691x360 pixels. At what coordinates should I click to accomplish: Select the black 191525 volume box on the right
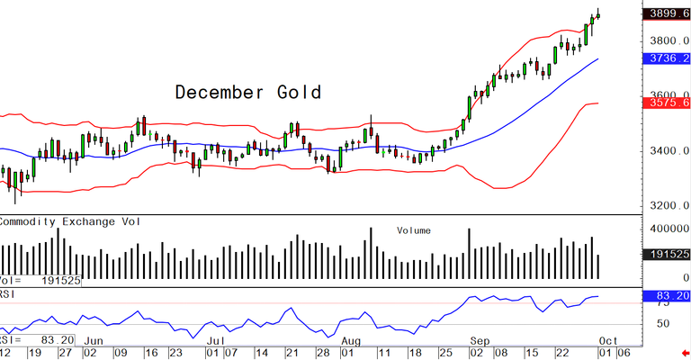(x=667, y=256)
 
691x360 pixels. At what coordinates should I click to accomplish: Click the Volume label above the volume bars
(x=414, y=230)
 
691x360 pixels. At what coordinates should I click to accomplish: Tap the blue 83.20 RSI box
(x=667, y=295)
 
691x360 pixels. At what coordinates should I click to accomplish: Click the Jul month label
(x=216, y=341)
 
